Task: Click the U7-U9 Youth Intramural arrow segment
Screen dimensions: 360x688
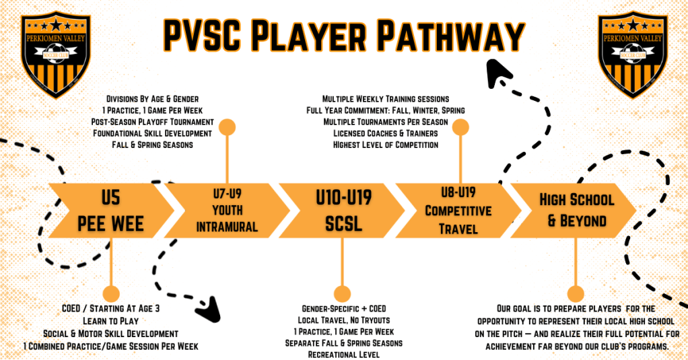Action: click(x=227, y=211)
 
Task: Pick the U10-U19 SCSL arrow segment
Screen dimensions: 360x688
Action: click(x=343, y=211)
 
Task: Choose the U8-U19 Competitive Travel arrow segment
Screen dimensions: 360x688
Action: click(x=458, y=211)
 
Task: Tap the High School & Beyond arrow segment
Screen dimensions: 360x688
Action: click(x=576, y=211)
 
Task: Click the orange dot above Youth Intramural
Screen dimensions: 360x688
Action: click(x=228, y=127)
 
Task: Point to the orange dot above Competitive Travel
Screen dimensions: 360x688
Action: click(x=460, y=127)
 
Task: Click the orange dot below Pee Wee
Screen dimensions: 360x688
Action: click(x=110, y=293)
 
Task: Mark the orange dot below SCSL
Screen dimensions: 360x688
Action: click(x=342, y=293)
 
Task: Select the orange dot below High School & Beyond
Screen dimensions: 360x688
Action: click(x=576, y=293)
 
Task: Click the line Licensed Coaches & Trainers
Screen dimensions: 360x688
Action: click(x=384, y=133)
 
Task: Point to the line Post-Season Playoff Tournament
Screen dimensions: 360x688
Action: click(x=153, y=122)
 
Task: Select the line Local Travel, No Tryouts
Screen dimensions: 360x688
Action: click(x=343, y=320)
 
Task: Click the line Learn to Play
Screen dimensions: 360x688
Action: click(x=110, y=321)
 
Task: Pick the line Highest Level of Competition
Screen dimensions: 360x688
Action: click(x=384, y=145)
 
